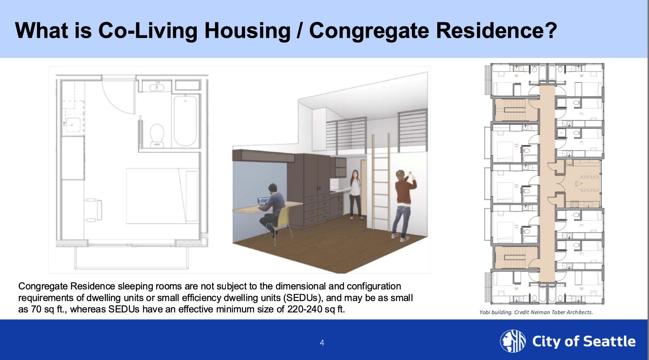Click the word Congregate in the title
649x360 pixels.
(369, 31)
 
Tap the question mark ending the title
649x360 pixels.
(549, 30)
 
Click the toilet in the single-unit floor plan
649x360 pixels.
(157, 135)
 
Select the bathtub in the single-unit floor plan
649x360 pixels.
(185, 121)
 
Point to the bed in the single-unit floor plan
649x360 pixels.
(162, 196)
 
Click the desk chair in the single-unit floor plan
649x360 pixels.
(93, 210)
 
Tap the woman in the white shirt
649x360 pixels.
(355, 195)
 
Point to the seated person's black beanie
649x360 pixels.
(272, 187)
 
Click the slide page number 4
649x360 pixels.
(322, 343)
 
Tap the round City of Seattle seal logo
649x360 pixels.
(513, 341)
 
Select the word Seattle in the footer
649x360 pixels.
(609, 341)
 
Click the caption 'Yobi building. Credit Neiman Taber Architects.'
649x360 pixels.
(536, 312)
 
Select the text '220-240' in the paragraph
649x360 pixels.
(305, 309)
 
